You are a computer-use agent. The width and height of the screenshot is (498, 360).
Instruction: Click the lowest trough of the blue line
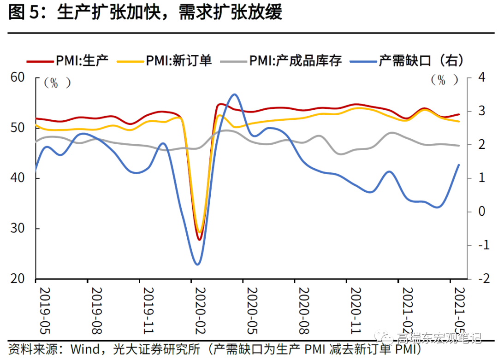tap(198, 265)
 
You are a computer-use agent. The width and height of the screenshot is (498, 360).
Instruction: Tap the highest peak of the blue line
tap(235, 94)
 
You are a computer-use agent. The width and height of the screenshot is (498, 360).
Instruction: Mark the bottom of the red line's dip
tap(200, 240)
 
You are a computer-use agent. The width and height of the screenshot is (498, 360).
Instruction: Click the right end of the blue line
tap(459, 165)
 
